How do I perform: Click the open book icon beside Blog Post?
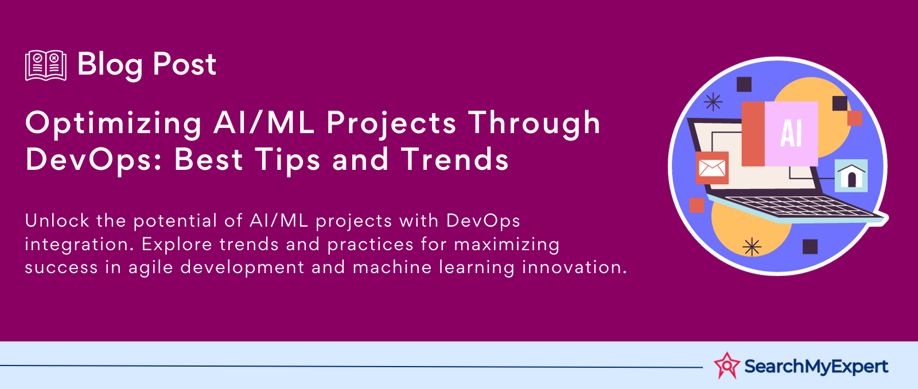point(46,65)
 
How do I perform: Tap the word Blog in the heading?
point(110,66)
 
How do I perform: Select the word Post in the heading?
point(184,64)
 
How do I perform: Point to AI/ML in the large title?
point(263,123)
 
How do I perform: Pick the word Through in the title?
point(534,123)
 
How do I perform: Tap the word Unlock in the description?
point(57,220)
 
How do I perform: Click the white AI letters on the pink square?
point(791,134)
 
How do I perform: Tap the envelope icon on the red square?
point(712,168)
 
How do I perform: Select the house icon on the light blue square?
point(851,176)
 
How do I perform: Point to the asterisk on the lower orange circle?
point(752,247)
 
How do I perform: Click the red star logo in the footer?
point(727,365)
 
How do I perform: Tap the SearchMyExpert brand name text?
point(816,367)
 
